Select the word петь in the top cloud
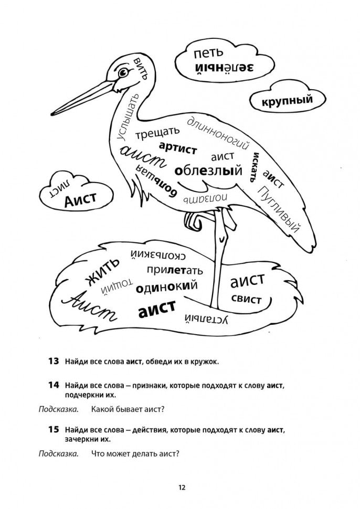[x=208, y=53]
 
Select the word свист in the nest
[x=246, y=299]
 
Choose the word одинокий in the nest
[x=166, y=287]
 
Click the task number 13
[x=53, y=361]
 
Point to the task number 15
[x=53, y=429]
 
